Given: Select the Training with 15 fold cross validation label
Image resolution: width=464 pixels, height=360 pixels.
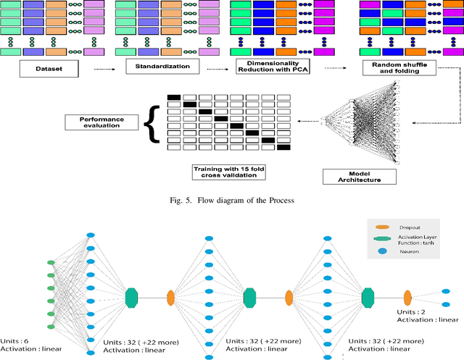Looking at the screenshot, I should [230, 172].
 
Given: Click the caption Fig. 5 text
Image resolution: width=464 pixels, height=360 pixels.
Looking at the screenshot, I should [231, 201].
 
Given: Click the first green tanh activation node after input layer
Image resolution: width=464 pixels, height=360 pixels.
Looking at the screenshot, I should [131, 296].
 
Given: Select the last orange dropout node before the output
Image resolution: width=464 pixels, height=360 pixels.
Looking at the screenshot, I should [407, 296].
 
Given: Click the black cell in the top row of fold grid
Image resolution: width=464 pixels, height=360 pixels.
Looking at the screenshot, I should [174, 97].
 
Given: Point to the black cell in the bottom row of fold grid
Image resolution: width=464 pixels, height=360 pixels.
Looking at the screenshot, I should [283, 147].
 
